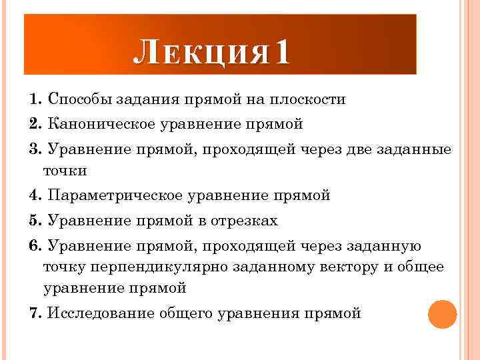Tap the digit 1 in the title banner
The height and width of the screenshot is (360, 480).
coord(281,52)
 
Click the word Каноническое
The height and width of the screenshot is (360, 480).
coord(106,124)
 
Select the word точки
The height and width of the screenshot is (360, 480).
coord(65,170)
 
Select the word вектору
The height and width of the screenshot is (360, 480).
coord(355,267)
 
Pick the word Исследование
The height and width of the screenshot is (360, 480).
coord(100,313)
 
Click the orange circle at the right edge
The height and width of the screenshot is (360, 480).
coord(442,314)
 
